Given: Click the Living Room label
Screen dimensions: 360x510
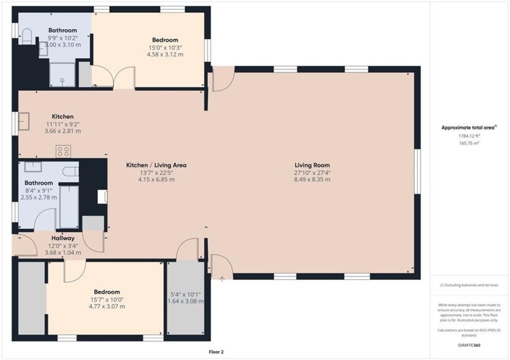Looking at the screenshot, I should tap(312, 165).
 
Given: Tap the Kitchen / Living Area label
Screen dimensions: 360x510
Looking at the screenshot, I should tap(156, 165).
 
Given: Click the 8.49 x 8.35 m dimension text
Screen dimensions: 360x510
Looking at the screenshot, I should tap(312, 180).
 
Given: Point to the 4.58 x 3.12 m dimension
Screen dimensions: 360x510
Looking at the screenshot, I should tap(166, 55).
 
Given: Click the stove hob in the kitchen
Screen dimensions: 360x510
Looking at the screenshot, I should tap(63, 151).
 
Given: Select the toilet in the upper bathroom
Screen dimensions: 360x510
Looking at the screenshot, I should tap(26, 37).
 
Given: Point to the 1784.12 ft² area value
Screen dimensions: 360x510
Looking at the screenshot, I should tap(469, 136).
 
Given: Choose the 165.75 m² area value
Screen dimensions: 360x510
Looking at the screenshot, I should tap(469, 143).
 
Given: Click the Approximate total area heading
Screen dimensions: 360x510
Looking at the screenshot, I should tap(469, 127).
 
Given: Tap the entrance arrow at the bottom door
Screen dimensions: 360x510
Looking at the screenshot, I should tap(222, 279).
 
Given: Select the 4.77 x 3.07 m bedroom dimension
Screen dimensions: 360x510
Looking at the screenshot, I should tap(106, 307).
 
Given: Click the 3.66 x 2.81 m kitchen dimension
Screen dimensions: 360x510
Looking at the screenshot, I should tap(63, 131).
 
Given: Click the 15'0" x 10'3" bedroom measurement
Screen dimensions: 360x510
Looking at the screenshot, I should tap(166, 47).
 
